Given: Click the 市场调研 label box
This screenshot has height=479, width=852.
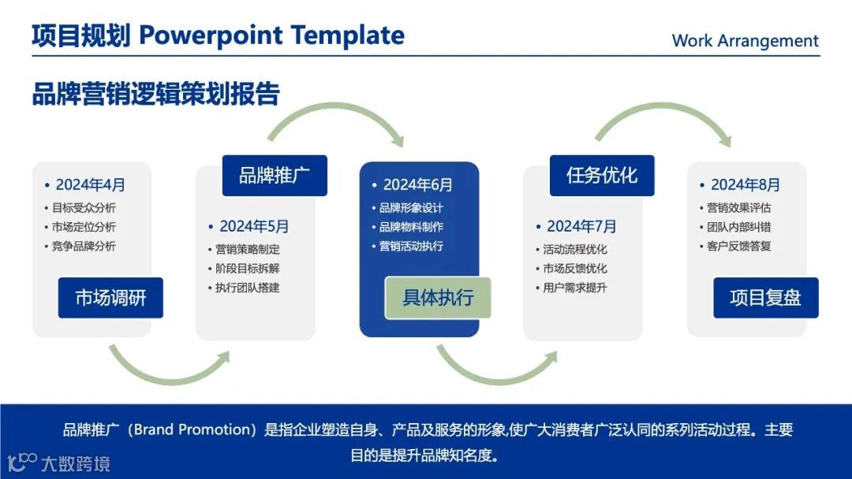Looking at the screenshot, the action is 110,298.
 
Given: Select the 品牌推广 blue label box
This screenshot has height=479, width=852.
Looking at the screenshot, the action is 275,176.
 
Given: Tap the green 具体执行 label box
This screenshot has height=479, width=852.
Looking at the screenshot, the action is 438,298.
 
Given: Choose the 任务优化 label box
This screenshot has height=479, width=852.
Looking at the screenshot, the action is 602,176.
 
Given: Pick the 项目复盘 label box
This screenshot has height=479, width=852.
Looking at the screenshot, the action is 765,298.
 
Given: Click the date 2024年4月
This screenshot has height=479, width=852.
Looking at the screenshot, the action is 90,185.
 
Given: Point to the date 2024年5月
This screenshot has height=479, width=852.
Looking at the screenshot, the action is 254,226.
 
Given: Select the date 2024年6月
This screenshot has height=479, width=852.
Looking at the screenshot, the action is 418,185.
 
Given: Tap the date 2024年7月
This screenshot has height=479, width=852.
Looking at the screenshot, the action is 581,226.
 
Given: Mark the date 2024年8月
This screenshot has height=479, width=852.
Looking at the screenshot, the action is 745,185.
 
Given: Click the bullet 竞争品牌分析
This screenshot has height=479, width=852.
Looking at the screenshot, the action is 84,247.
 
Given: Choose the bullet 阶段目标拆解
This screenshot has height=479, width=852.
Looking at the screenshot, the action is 247,269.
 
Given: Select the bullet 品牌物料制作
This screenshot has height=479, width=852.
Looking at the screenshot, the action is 411,227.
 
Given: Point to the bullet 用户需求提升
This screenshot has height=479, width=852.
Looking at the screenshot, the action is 575,288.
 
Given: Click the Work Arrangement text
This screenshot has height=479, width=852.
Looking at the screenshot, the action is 745,41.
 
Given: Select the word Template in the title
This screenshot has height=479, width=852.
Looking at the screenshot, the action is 348,35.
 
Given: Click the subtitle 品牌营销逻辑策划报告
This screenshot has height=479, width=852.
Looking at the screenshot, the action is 156,93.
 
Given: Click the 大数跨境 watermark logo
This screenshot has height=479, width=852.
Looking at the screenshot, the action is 58,462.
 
